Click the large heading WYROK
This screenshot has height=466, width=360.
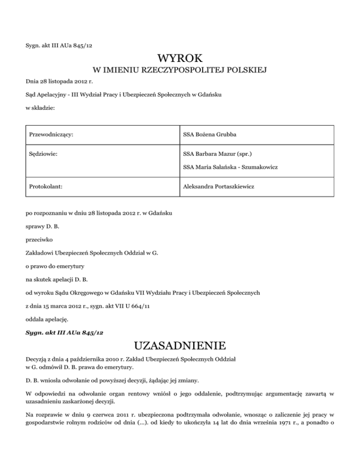(x=180, y=59)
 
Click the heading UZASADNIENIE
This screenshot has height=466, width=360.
(x=180, y=346)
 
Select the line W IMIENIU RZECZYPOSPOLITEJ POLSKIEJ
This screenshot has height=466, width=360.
(x=180, y=71)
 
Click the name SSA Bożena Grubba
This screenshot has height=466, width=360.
(x=210, y=135)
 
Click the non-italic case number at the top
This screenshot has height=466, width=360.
(x=61, y=45)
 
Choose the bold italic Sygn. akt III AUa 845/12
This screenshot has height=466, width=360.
(x=64, y=332)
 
